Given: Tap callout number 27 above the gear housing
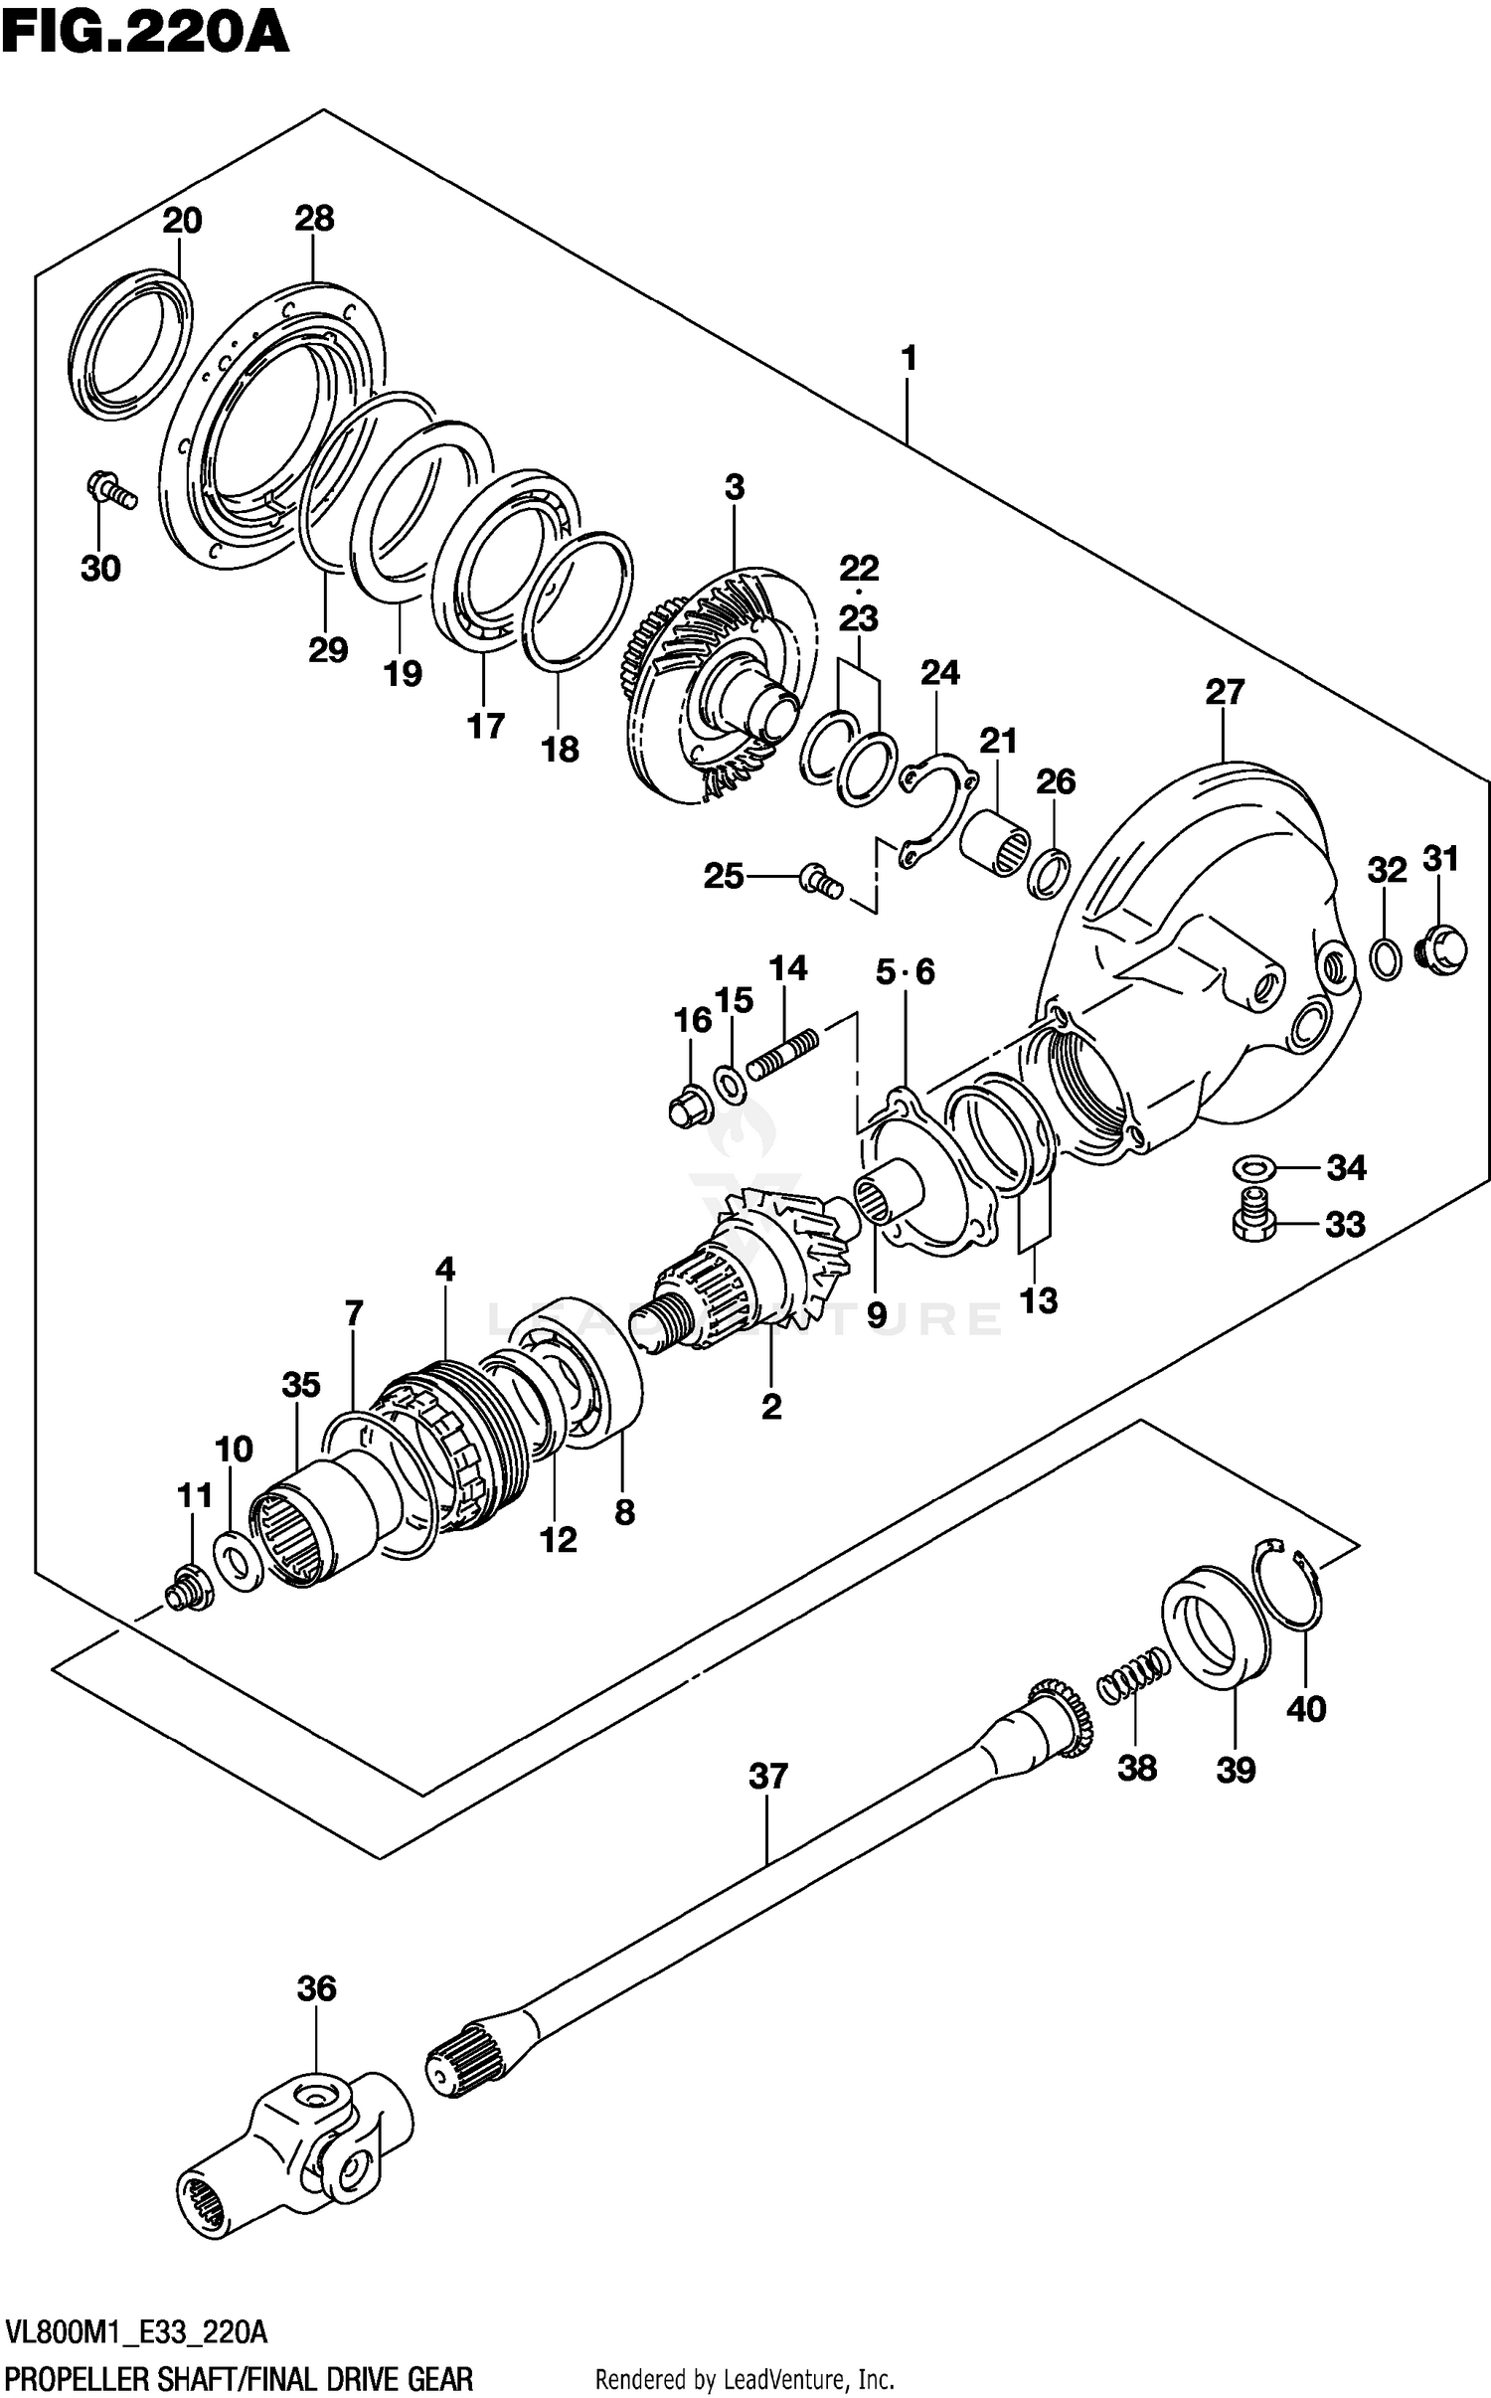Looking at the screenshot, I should (x=1225, y=692).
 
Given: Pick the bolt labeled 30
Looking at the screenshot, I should (x=110, y=490).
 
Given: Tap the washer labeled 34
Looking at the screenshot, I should (x=1254, y=1165).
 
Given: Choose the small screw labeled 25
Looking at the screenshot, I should (x=820, y=880).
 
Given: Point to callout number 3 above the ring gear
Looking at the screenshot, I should (x=735, y=488).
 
